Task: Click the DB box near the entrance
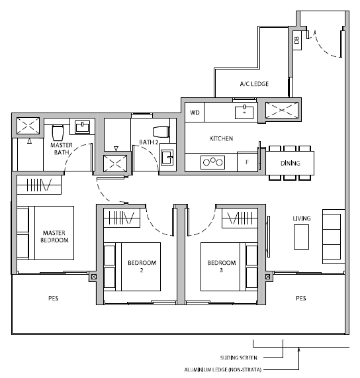[297, 40]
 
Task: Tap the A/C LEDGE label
[254, 84]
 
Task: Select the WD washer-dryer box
[195, 112]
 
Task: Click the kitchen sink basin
[244, 113]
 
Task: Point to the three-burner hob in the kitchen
[213, 162]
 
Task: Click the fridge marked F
[247, 162]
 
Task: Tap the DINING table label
[290, 164]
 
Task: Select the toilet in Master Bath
[58, 132]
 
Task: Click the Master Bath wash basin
[82, 127]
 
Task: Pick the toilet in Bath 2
[161, 132]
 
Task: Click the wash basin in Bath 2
[167, 158]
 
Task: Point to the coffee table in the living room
[301, 237]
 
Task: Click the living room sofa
[334, 237]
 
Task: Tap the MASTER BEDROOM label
[54, 236]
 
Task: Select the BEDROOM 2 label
[142, 266]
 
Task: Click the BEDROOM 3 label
[222, 266]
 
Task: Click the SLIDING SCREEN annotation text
[238, 357]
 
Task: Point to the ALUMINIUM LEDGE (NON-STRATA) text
[223, 369]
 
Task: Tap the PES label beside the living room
[301, 298]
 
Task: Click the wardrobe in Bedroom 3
[240, 218]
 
